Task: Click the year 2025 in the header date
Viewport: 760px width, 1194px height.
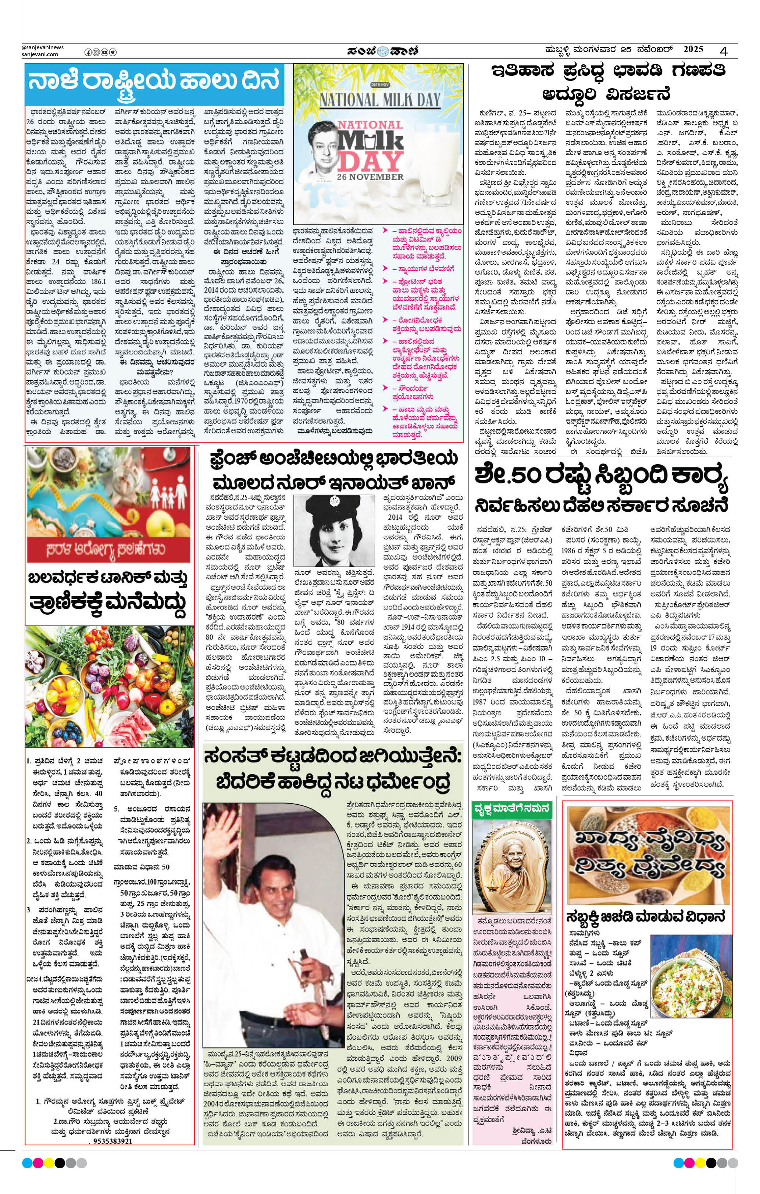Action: pos(693,50)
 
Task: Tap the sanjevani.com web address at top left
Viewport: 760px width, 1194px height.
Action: pos(40,54)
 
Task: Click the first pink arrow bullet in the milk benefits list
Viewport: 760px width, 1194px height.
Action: pos(385,231)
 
